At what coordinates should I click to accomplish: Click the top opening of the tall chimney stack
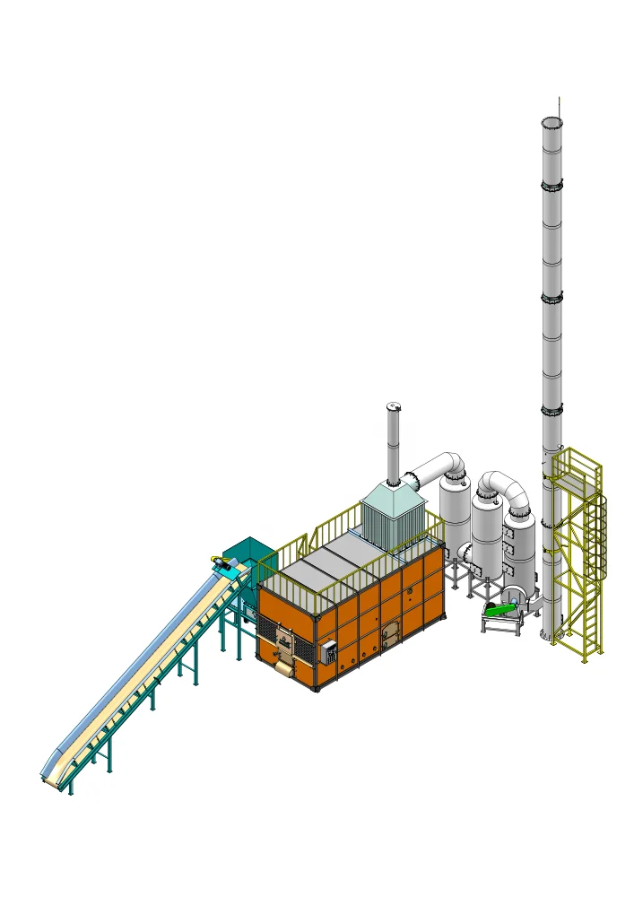[x=552, y=121]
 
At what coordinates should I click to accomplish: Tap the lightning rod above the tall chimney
[x=559, y=104]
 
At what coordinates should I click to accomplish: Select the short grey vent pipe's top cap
[x=393, y=407]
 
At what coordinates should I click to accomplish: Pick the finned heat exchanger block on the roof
[x=392, y=523]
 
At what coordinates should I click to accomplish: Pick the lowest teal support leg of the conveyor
[x=109, y=761]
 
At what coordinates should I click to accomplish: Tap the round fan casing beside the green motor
[x=514, y=597]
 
